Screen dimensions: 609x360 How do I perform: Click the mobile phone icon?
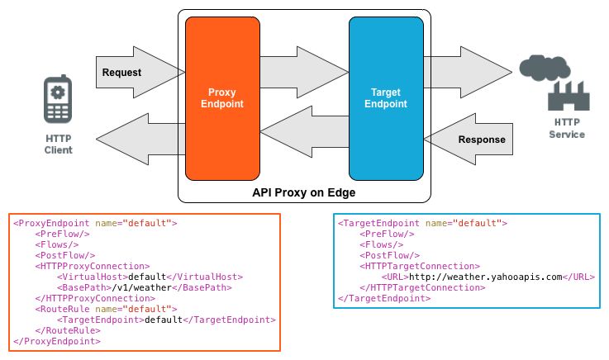[x=58, y=99]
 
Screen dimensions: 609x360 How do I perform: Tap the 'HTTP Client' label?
[x=59, y=144]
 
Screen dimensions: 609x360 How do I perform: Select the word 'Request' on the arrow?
[x=121, y=73]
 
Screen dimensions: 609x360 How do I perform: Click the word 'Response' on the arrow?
[x=482, y=140]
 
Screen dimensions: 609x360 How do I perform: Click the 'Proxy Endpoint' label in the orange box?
[x=222, y=98]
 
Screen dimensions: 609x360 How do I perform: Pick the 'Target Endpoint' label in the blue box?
[x=386, y=98]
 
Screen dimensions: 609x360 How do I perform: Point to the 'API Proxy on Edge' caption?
[x=304, y=193]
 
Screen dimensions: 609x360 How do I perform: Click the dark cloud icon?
[x=545, y=69]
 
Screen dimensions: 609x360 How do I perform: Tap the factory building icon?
[x=569, y=97]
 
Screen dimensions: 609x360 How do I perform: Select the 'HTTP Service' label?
[x=567, y=129]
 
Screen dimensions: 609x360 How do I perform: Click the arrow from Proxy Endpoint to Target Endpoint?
[x=304, y=72]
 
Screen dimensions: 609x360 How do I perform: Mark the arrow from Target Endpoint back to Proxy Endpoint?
[x=304, y=132]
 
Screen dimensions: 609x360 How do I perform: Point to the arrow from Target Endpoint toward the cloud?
[x=468, y=72]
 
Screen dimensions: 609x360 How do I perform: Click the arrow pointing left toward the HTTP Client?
[x=140, y=140]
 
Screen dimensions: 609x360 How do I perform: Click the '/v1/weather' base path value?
[x=142, y=288]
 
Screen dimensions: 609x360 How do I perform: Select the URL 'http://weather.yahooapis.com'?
[x=486, y=277]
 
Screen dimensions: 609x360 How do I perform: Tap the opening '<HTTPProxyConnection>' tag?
[x=93, y=266]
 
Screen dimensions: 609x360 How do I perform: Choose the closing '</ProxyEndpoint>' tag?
[x=57, y=341]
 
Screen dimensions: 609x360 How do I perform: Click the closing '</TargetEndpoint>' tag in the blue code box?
[x=384, y=298]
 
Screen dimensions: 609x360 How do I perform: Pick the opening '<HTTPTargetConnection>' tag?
[x=420, y=266]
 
